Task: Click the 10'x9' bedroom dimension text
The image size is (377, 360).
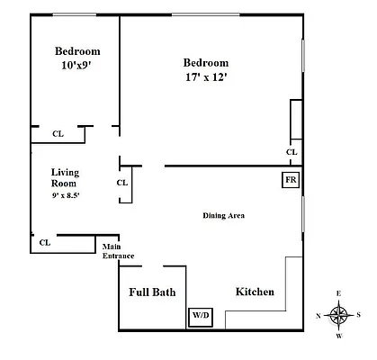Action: [76, 66]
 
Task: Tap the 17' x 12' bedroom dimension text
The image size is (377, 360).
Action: [206, 77]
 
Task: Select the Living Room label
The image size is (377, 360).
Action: [65, 177]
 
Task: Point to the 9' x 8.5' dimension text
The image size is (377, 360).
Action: [65, 195]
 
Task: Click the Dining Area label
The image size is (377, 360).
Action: [223, 216]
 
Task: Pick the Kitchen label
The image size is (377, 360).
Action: [255, 292]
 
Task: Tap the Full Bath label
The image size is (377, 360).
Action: [152, 292]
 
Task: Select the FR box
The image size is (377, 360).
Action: [291, 180]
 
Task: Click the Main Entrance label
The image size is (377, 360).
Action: [118, 251]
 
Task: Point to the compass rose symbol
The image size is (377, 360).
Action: [338, 315]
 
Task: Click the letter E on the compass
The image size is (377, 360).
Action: [338, 294]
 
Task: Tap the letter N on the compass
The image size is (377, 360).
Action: [319, 316]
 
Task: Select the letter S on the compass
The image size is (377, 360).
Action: [358, 316]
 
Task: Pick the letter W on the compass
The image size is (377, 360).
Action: [338, 337]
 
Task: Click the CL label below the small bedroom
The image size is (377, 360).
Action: [58, 134]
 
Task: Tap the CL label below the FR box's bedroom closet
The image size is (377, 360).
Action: [291, 153]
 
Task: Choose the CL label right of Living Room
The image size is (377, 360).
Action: [122, 183]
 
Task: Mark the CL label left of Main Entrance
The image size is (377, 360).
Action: [45, 242]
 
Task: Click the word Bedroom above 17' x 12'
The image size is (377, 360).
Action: [206, 62]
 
